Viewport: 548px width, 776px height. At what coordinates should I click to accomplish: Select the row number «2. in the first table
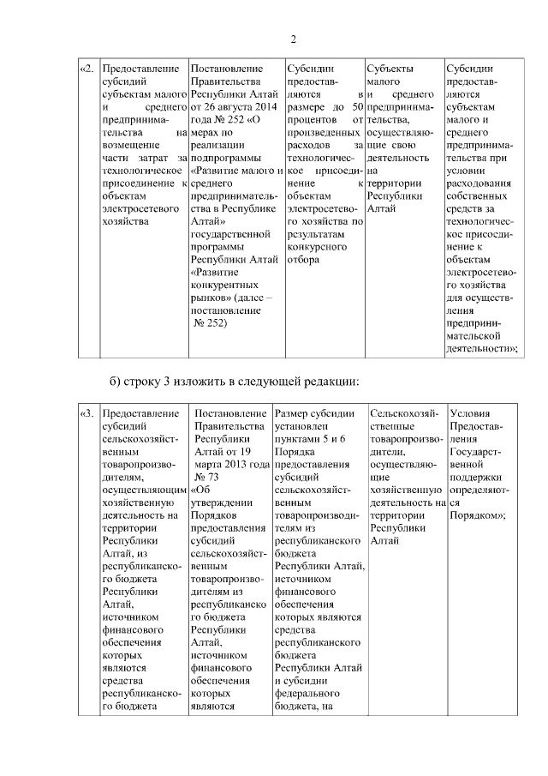[x=87, y=69]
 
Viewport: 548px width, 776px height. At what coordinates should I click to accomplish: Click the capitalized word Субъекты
[x=390, y=69]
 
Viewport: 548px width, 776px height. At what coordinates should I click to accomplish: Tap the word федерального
[x=310, y=695]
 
